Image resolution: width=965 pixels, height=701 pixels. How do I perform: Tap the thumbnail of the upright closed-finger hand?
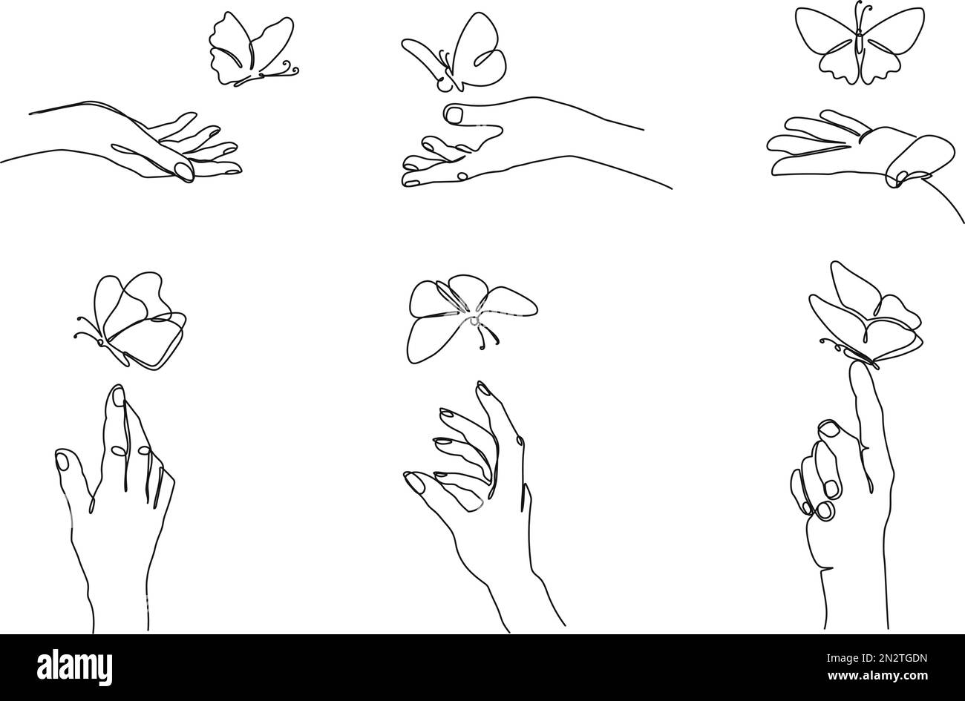click(x=62, y=461)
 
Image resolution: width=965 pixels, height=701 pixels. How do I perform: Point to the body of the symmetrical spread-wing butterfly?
click(x=859, y=37)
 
